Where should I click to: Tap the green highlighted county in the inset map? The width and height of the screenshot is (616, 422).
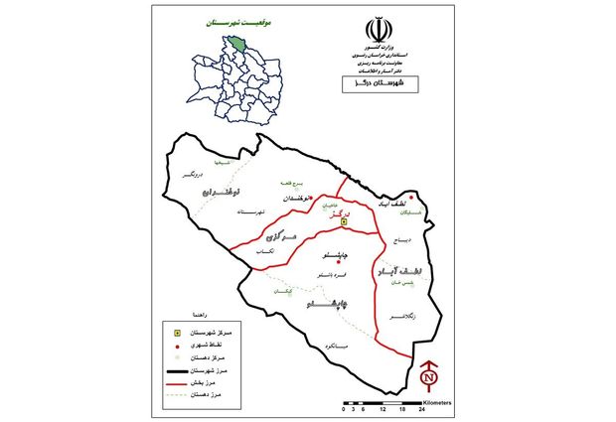(x=239, y=41)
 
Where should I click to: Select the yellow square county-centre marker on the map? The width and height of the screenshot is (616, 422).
(x=344, y=222)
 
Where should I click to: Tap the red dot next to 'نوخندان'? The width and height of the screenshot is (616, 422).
(x=311, y=198)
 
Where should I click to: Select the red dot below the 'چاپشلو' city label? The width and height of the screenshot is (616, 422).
(x=338, y=262)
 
